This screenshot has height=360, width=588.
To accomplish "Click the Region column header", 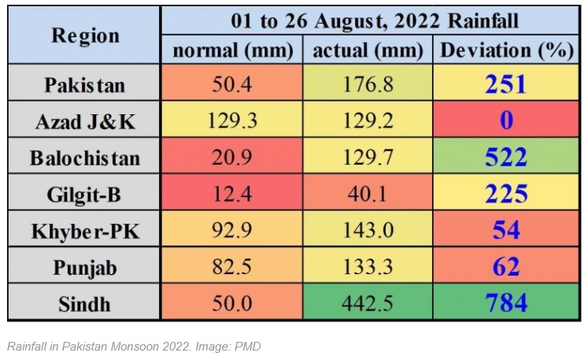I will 85,35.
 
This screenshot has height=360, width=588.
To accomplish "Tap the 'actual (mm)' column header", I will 368,50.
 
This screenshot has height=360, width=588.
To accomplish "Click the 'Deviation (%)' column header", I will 505,50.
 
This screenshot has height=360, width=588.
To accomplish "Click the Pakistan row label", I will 85,84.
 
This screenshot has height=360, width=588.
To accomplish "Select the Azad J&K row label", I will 85,121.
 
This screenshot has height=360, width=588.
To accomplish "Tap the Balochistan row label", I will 85,158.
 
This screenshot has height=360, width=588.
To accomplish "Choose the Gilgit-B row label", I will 85,194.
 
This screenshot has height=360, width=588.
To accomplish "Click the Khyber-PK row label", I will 85,231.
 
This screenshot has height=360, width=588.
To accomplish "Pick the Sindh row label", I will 85,304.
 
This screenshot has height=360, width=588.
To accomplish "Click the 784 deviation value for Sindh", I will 505,304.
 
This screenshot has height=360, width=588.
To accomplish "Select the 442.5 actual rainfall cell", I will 368,304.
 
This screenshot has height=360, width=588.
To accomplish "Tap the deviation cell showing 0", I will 505,121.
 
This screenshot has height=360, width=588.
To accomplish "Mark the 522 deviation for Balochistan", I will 505,158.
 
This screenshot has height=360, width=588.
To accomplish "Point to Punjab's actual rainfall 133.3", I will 368,268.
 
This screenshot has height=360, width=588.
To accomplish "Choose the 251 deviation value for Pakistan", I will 505,84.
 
